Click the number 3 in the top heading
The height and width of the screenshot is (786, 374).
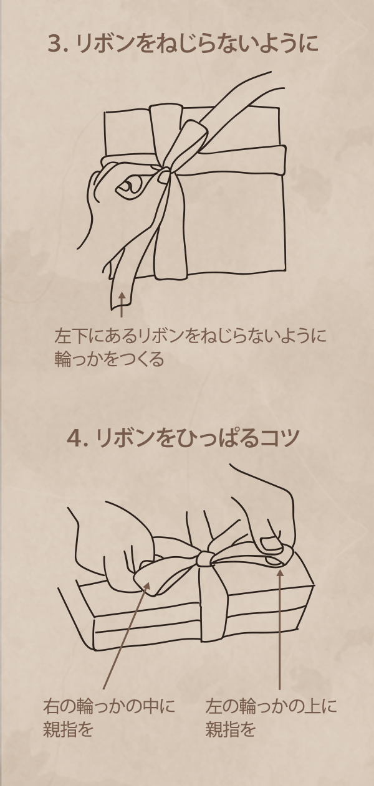coord(54,44)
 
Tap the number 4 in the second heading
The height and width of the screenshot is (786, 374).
coord(74,438)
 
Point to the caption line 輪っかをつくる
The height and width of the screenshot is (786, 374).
coord(109,359)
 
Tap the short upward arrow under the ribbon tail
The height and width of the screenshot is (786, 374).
coord(122,305)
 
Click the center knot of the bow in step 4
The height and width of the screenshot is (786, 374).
coord(204,558)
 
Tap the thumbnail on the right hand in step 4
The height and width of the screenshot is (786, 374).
coord(271,543)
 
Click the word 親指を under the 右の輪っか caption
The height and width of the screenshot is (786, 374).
coord(68,729)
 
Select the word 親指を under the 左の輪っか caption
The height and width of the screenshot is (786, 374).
coord(230,729)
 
